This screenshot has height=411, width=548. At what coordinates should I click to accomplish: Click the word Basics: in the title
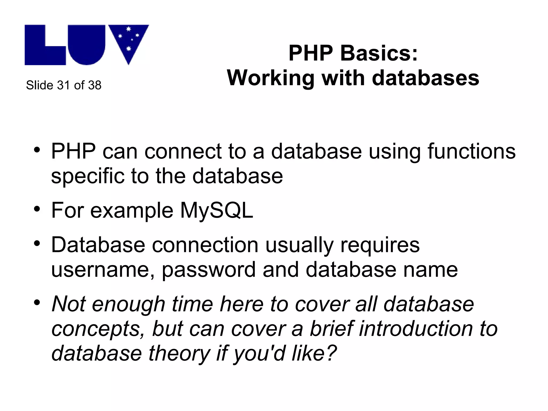tap(379, 53)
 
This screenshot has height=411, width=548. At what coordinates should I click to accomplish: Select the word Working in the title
tap(271, 78)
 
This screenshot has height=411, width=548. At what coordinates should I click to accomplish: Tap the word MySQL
tap(216, 210)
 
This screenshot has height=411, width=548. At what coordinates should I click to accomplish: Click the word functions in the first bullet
tap(471, 151)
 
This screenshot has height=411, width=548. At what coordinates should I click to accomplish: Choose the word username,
tap(103, 269)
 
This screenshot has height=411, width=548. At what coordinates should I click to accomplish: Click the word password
tap(209, 269)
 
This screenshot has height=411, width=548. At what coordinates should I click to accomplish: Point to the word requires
tap(380, 245)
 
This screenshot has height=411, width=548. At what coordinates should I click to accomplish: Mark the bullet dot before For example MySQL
tap(37, 209)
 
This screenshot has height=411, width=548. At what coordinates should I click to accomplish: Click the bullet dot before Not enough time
tap(37, 303)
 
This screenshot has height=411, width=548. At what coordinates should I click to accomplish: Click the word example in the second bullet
tap(132, 211)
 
